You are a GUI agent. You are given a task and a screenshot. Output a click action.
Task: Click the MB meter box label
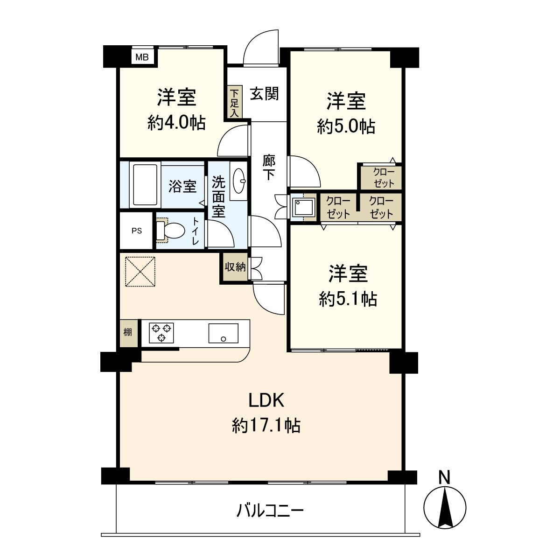pyautogui.click(x=142, y=57)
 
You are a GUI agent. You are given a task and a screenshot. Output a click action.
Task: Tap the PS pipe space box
pyautogui.click(x=136, y=231)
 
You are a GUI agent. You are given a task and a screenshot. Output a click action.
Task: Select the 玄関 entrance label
pyautogui.click(x=264, y=94)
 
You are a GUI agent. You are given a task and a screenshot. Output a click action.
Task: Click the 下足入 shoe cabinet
pyautogui.click(x=234, y=102)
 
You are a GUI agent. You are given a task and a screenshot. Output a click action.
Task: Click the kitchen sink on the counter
pyautogui.click(x=223, y=333)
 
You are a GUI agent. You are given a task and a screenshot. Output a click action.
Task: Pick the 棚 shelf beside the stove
pyautogui.click(x=128, y=333)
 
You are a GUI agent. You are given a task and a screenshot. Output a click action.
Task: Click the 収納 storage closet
pyautogui.click(x=235, y=267)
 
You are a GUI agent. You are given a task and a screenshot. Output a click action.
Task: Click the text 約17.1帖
pyautogui.click(x=266, y=425)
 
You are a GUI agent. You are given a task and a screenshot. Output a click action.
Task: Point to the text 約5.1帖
pyautogui.click(x=348, y=299)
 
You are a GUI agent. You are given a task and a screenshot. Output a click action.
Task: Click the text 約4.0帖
pyautogui.click(x=176, y=123)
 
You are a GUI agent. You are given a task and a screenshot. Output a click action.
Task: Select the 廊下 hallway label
pyautogui.click(x=269, y=168)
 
